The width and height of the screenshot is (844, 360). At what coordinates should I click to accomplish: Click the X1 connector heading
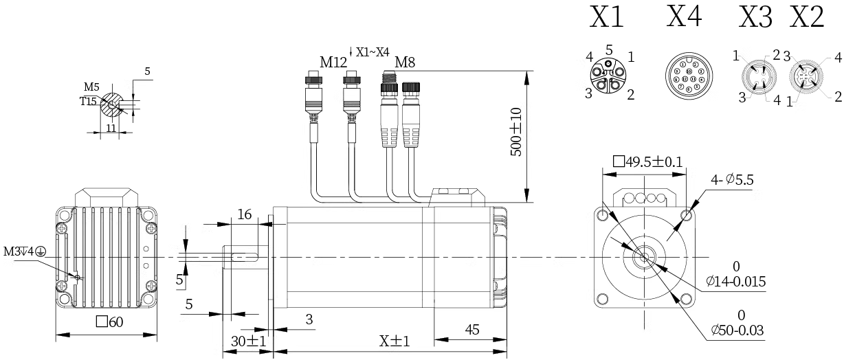pyautogui.click(x=606, y=17)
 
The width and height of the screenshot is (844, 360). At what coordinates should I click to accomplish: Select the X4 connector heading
pyautogui.click(x=685, y=17)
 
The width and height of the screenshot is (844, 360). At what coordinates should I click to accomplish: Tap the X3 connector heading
pyautogui.click(x=755, y=17)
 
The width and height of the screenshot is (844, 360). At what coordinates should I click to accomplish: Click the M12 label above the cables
pyautogui.click(x=335, y=63)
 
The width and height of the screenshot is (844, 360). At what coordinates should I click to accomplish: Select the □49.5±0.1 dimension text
pyautogui.click(x=649, y=162)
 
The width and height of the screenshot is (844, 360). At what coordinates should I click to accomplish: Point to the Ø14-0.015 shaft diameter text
pyautogui.click(x=735, y=282)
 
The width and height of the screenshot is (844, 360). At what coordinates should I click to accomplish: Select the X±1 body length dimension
pyautogui.click(x=395, y=341)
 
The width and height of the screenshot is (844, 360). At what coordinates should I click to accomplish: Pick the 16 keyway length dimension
pyautogui.click(x=245, y=214)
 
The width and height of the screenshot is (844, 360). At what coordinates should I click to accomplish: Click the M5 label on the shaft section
pyautogui.click(x=91, y=87)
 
